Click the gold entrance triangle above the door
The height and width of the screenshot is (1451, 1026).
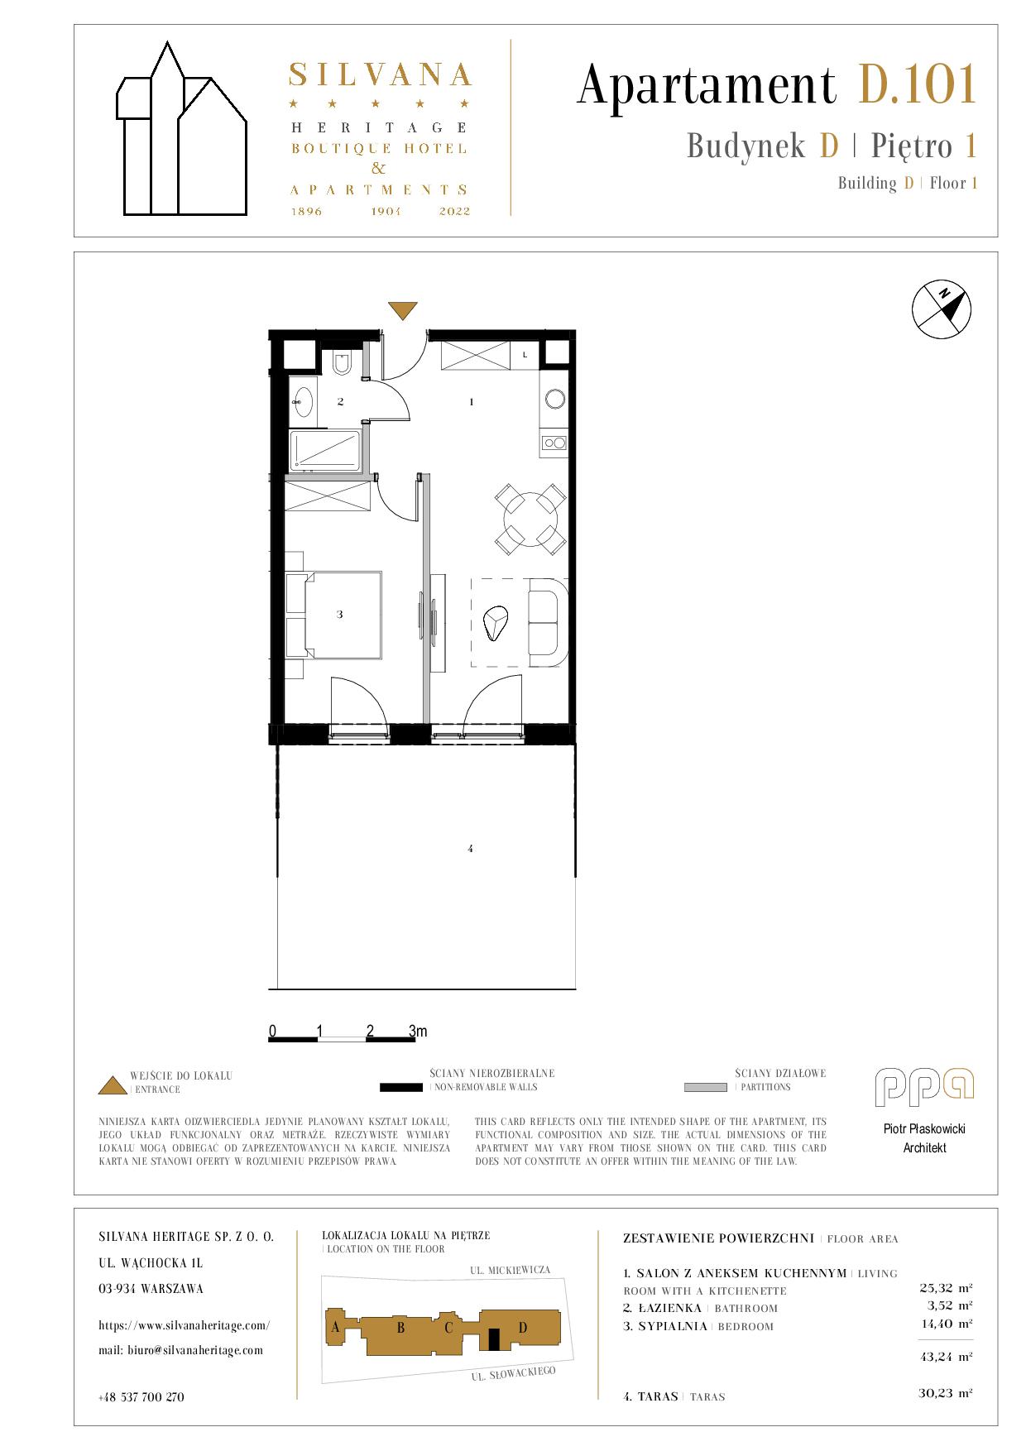[403, 310]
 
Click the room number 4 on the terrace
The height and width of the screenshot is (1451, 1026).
[470, 849]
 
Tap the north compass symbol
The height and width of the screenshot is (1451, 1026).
[942, 309]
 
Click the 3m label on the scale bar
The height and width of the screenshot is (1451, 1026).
[418, 1031]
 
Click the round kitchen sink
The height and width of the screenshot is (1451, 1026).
[554, 399]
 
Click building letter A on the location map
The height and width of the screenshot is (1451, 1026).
[335, 1327]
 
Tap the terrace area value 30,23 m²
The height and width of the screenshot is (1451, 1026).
[945, 1393]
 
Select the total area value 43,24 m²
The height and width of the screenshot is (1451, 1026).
[945, 1357]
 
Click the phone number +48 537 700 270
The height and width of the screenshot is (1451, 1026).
[141, 1397]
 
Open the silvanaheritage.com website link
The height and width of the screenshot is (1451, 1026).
[184, 1325]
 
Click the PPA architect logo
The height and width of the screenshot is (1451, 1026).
[924, 1087]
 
